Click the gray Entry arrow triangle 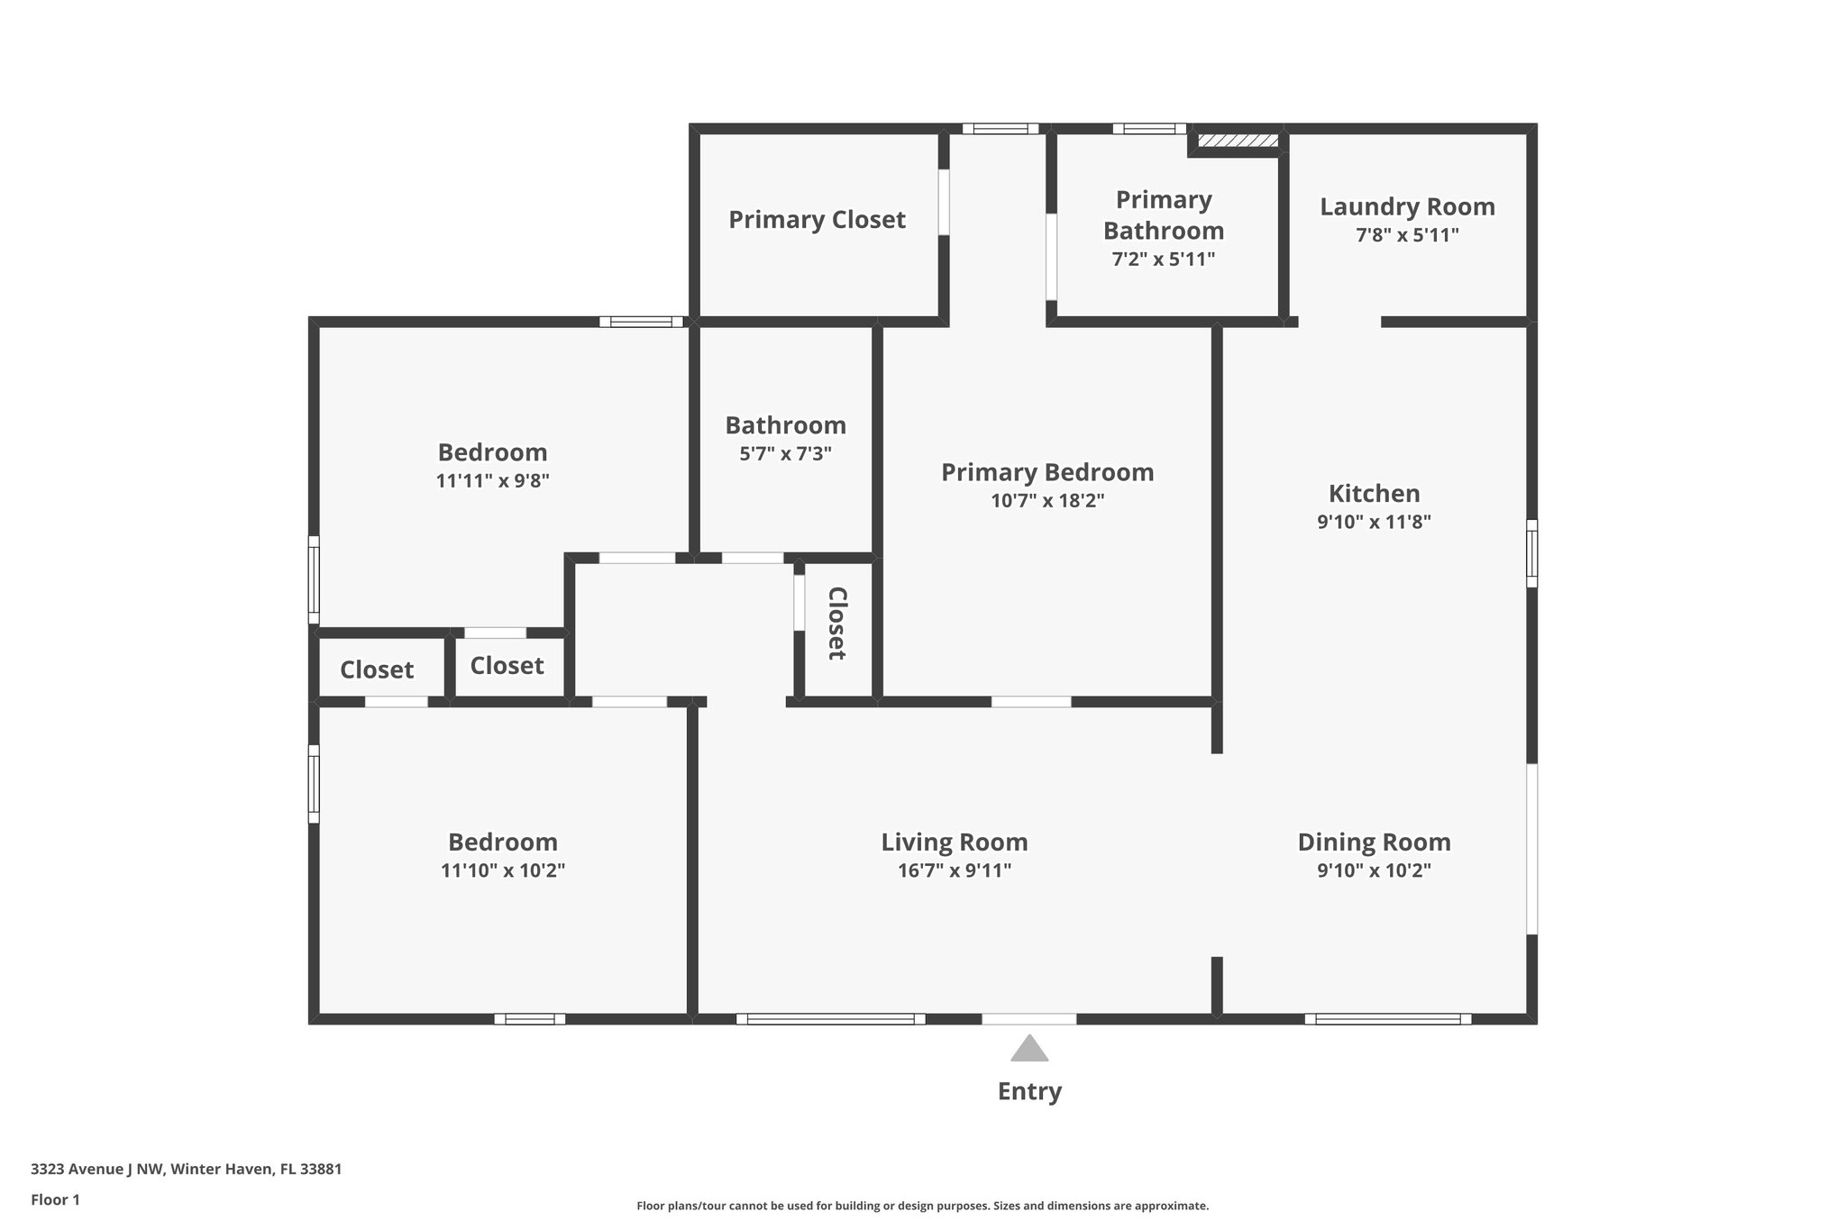click(1028, 1049)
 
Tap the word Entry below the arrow click(1029, 1091)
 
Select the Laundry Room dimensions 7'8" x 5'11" click(1407, 235)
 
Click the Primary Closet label click(817, 220)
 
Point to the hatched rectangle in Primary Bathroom click(1238, 141)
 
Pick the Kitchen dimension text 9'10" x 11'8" click(1374, 522)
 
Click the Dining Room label click(1374, 843)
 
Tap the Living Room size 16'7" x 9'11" click(954, 870)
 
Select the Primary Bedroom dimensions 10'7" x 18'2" click(1047, 501)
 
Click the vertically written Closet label click(836, 624)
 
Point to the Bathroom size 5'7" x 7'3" click(785, 453)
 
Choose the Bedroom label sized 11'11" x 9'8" click(492, 452)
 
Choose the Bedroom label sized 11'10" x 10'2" click(502, 843)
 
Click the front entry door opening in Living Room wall click(1028, 1019)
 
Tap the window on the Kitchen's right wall click(1531, 553)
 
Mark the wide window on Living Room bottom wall click(830, 1019)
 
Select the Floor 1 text click(55, 1199)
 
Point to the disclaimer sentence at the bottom click(922, 1206)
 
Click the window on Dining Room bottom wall click(1387, 1019)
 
